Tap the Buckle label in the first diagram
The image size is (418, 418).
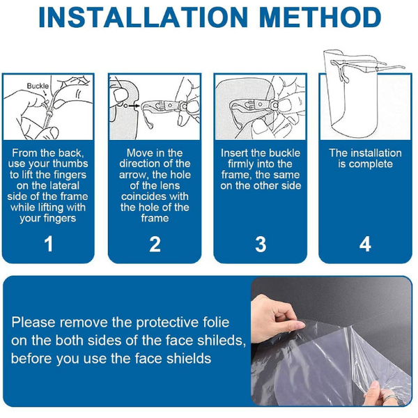point(38,86)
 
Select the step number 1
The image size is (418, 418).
point(49,244)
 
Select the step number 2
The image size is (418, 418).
point(155,244)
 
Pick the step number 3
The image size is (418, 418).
point(261,244)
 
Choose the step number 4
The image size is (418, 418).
point(365,244)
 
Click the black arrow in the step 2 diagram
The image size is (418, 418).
point(134,106)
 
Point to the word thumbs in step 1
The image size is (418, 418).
point(70,164)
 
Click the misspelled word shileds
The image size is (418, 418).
point(223,341)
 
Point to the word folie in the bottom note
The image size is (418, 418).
point(216,322)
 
